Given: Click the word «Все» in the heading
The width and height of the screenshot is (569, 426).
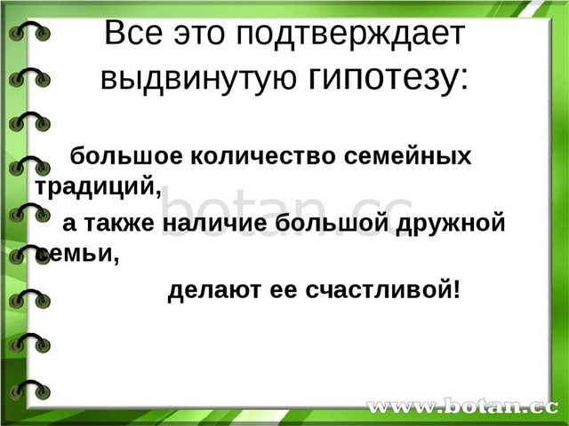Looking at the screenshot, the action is pyautogui.click(x=133, y=33).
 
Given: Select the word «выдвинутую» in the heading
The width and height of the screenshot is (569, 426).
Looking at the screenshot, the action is pyautogui.click(x=199, y=79).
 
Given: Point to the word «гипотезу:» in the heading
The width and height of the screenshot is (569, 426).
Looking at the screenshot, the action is pyautogui.click(x=389, y=79).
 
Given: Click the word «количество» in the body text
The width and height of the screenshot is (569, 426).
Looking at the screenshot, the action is pyautogui.click(x=263, y=156).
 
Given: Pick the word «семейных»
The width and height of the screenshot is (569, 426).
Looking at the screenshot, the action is pyautogui.click(x=407, y=156).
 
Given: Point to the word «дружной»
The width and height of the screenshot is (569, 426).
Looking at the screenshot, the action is pyautogui.click(x=451, y=224).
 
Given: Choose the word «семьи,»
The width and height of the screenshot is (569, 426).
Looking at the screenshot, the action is pyautogui.click(x=77, y=254).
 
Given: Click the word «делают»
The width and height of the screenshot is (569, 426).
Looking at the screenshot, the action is pyautogui.click(x=214, y=290).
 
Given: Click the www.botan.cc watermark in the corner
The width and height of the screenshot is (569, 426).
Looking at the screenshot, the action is pyautogui.click(x=462, y=406).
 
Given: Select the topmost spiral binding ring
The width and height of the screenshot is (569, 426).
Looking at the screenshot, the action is pyautogui.click(x=29, y=31).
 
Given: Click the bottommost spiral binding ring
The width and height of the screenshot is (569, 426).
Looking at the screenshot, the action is pyautogui.click(x=29, y=390).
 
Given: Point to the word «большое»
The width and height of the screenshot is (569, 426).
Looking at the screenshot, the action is pyautogui.click(x=126, y=156).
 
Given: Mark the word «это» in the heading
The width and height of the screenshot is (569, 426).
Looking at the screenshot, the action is pyautogui.click(x=199, y=34).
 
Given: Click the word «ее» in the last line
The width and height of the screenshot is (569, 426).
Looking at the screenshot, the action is pyautogui.click(x=284, y=291).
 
